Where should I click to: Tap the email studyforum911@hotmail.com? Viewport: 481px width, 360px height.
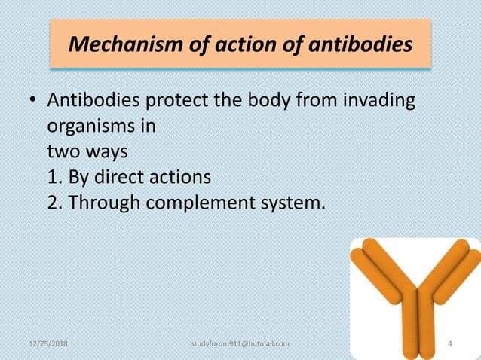(x=241, y=344)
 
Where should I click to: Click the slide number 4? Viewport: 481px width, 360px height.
(x=450, y=344)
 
